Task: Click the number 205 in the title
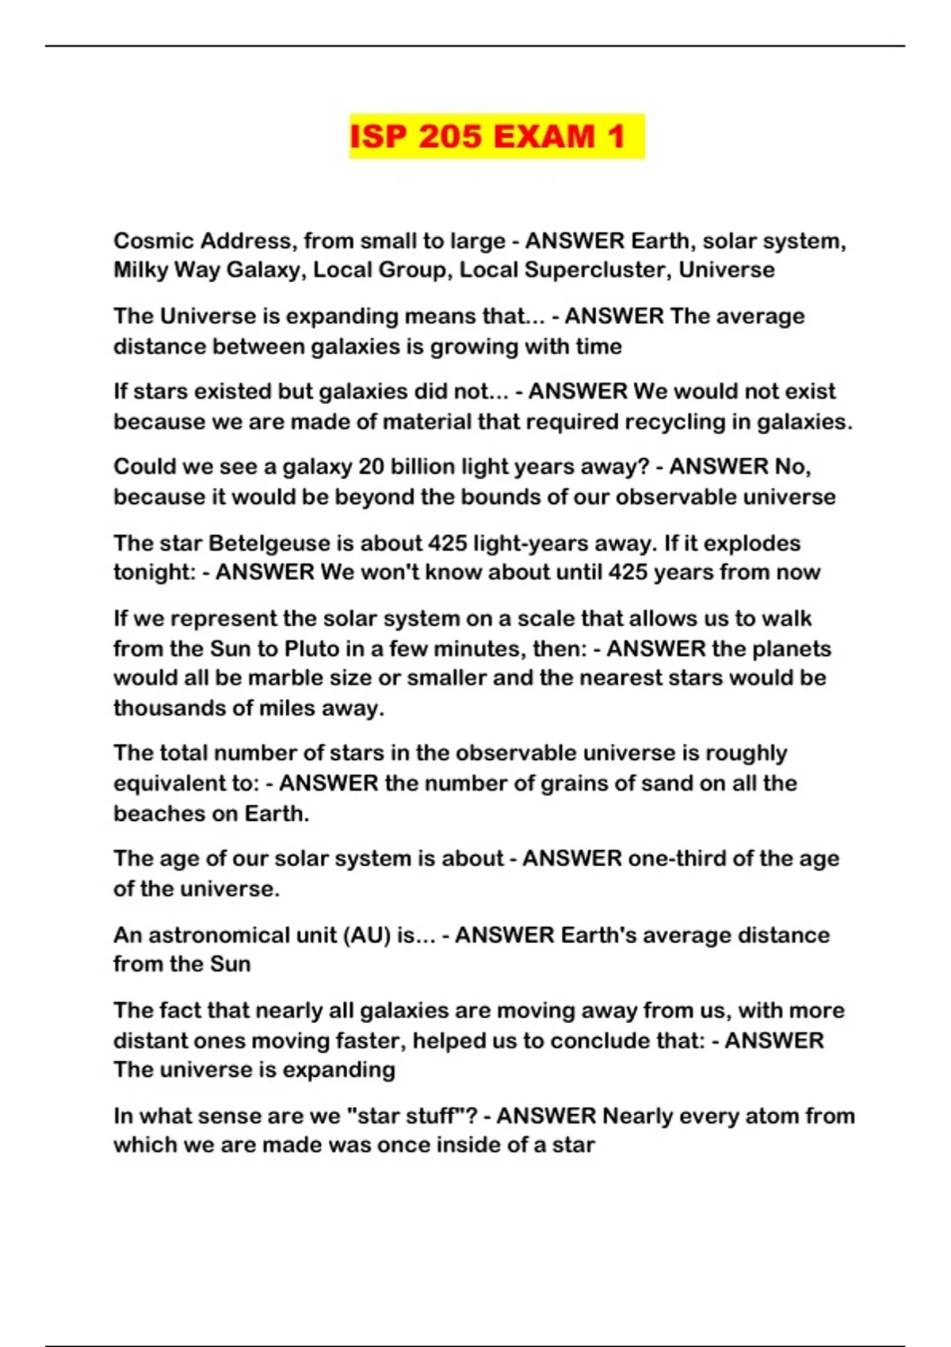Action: coord(449,136)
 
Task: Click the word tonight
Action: coord(153,572)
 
